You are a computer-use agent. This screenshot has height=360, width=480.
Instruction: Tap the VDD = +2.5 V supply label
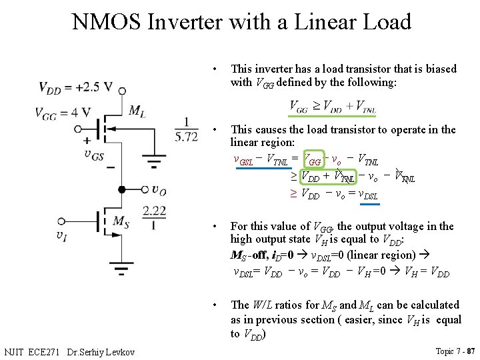(75, 87)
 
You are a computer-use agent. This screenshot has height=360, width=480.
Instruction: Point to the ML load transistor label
(137, 111)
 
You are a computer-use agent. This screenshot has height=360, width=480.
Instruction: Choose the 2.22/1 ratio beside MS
(154, 216)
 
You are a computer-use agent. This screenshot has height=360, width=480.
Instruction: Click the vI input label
(62, 234)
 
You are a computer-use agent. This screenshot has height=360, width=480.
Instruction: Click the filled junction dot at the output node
(121, 189)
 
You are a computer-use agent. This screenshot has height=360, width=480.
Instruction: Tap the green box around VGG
(313, 160)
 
